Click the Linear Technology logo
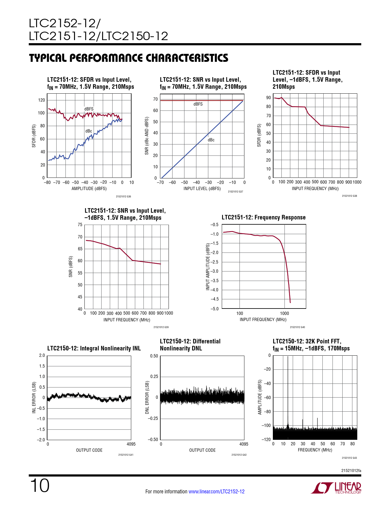pos(336,488)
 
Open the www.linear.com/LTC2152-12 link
pos(216,492)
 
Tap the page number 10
pos(39,486)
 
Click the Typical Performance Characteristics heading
pos(128,58)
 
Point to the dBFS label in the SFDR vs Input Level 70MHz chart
pos(89,109)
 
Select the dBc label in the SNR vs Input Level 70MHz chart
pos(211,140)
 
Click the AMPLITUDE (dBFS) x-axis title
pos(89,189)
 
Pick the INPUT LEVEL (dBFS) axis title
pos(202,189)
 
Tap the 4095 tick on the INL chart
pos(131,444)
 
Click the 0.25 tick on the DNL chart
pos(154,376)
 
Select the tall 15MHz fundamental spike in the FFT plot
pos(288,392)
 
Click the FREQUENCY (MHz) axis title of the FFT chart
pos(315,450)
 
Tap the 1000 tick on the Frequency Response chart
pos(284,313)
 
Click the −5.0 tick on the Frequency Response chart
pos(214,309)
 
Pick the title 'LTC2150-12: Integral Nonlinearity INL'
pos(94,348)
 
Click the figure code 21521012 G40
pos(297,327)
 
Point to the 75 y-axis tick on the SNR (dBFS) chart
pos(80,225)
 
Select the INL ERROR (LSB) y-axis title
pos(34,397)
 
